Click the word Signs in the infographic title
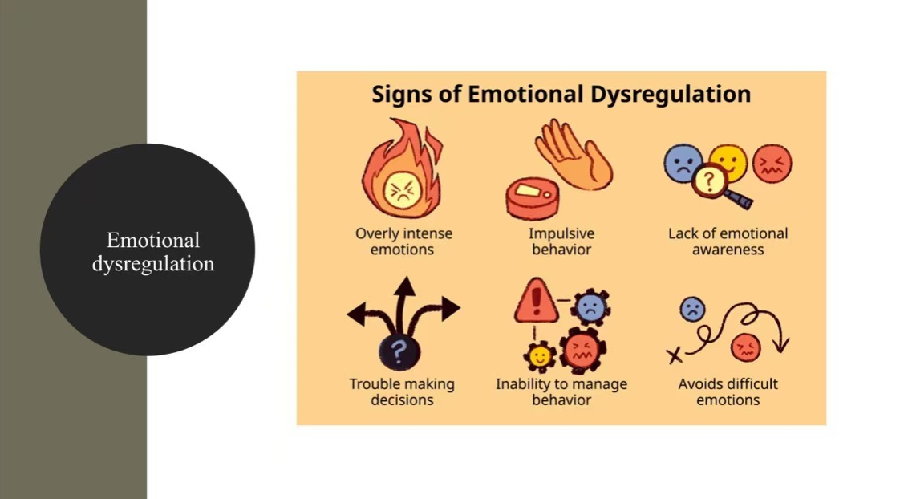407,95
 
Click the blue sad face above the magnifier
683,163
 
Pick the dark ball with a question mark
396,351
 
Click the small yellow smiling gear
539,355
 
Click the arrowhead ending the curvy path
780,346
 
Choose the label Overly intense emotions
403,241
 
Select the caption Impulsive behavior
561,241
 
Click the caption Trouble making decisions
402,391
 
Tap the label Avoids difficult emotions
728,391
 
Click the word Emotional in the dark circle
152,240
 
